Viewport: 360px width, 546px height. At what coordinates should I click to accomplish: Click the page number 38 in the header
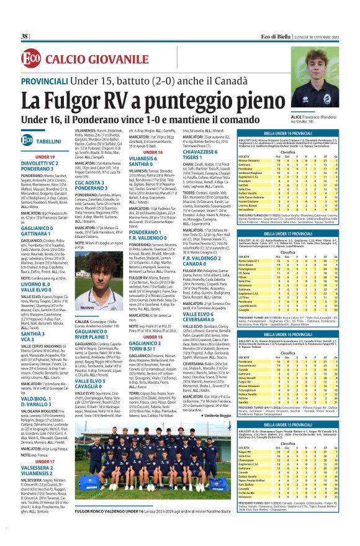(25, 37)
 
